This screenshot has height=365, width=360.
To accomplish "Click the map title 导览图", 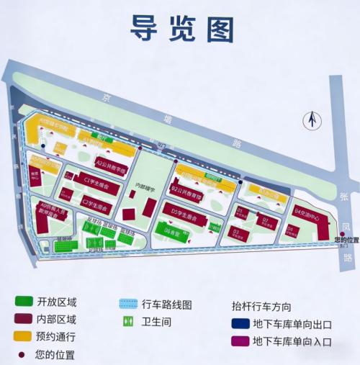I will click(182, 28).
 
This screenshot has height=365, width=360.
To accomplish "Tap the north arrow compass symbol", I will click(312, 119).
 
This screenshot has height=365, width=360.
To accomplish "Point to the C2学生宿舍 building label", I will click(96, 205).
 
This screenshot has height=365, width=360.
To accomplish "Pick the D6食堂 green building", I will click(174, 231).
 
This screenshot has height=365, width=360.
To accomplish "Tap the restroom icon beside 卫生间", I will click(128, 320).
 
